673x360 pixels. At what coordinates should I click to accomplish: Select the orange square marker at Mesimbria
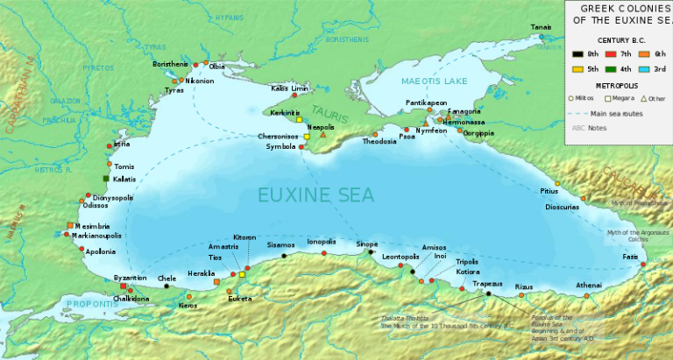click(69, 226)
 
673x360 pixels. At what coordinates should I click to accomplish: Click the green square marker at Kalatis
click(106, 179)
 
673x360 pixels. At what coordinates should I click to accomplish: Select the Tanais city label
click(541, 28)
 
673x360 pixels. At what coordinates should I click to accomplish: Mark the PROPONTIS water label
click(89, 304)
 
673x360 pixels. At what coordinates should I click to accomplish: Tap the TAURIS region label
click(329, 115)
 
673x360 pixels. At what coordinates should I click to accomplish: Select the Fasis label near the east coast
click(630, 256)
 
